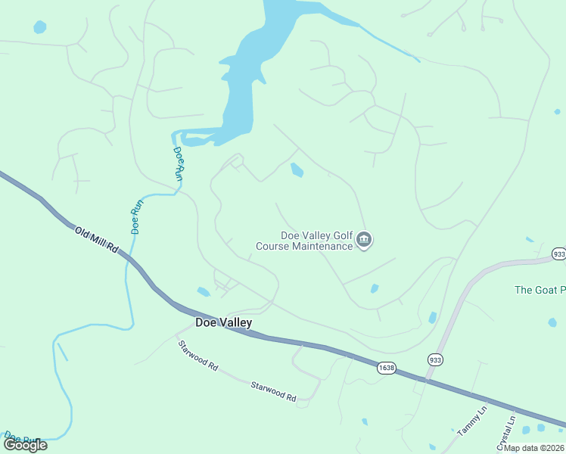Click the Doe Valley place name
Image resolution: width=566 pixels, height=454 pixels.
click(223, 322)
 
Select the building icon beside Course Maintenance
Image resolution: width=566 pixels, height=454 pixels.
click(364, 241)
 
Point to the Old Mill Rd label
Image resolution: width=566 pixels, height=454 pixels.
click(98, 238)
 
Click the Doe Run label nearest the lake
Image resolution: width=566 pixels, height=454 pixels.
click(179, 162)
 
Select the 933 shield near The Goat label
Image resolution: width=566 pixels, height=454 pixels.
click(558, 254)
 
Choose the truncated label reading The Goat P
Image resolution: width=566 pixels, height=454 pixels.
click(540, 290)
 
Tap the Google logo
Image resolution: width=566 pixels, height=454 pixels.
click(25, 445)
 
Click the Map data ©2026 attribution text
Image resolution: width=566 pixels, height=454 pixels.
click(534, 448)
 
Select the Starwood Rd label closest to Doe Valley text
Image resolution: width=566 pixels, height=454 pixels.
click(198, 355)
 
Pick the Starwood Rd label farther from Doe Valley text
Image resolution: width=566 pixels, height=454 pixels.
click(273, 390)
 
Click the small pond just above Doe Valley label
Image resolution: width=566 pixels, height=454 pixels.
click(203, 291)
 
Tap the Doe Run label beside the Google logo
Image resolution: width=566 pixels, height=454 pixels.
click(21, 437)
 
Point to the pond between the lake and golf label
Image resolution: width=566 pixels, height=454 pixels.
click(297, 171)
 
